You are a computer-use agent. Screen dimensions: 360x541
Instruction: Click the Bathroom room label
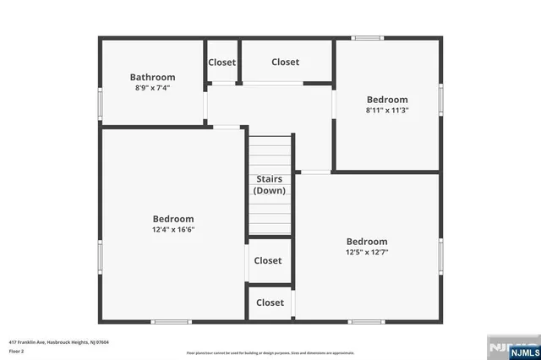tap(152, 77)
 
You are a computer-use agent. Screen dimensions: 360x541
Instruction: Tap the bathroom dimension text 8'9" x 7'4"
tap(152, 88)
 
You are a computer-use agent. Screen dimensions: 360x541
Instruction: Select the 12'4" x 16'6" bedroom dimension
tap(172, 229)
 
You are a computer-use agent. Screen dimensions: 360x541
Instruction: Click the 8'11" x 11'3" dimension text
tap(387, 110)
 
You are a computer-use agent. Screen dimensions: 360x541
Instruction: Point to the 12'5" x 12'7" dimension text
tap(367, 252)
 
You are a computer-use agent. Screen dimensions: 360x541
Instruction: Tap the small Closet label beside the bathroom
tap(221, 62)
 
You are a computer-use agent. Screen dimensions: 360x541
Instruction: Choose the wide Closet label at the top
tap(285, 62)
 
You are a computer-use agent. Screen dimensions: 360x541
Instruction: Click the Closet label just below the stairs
tap(268, 261)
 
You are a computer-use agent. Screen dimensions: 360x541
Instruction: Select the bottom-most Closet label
tap(270, 303)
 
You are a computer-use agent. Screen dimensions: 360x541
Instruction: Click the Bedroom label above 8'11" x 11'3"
tap(387, 99)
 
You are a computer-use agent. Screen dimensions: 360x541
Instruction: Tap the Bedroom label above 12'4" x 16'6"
tap(172, 218)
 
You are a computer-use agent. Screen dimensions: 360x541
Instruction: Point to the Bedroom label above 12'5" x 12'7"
tap(367, 241)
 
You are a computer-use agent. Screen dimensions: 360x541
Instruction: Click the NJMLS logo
tap(510, 346)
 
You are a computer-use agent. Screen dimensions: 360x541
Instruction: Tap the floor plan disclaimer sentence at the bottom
tap(270, 352)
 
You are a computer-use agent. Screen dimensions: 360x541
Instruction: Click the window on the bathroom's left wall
tap(101, 103)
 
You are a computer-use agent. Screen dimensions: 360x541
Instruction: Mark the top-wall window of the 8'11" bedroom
tap(367, 38)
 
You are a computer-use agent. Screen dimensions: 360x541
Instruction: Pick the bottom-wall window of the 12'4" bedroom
tap(172, 321)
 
